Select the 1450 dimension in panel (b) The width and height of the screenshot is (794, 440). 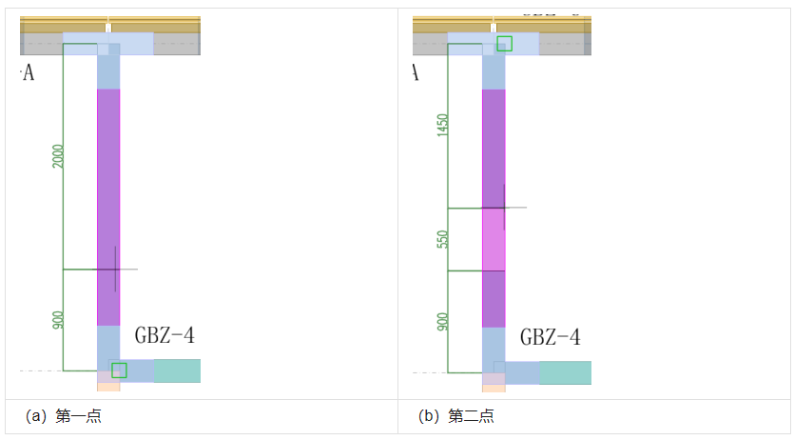tap(442, 126)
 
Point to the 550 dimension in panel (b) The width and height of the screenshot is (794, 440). tap(442, 239)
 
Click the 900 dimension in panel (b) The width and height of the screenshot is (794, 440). tap(442, 322)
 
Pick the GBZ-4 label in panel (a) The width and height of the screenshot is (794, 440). tap(165, 335)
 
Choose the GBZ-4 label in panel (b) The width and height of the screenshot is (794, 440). tap(550, 337)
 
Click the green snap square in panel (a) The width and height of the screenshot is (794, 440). tap(119, 370)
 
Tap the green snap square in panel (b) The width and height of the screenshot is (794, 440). tap(504, 43)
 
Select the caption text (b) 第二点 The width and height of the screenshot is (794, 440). tap(455, 416)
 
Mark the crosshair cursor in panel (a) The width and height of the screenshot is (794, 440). tap(115, 269)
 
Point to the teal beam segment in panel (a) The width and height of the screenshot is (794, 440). tap(177, 370)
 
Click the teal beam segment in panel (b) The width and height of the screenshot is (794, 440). tap(565, 372)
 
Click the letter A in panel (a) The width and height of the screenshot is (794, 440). tap(28, 73)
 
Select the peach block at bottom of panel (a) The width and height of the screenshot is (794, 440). tap(108, 387)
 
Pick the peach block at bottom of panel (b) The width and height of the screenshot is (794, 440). tap(494, 388)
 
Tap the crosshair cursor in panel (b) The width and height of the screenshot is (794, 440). tap(504, 207)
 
